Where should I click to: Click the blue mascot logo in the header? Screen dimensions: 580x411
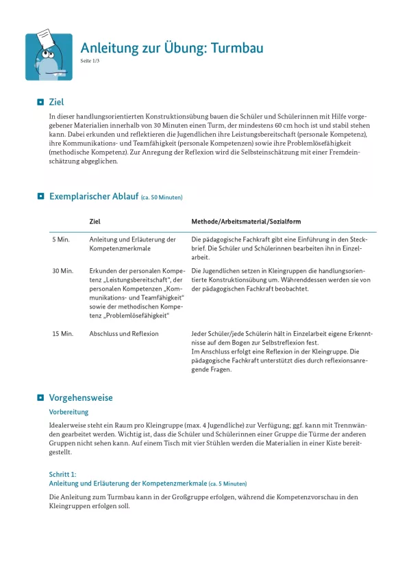49,57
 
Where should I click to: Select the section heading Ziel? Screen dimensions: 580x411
57,102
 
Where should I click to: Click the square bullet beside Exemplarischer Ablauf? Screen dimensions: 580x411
40,197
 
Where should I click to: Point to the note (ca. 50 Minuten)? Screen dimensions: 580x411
161,198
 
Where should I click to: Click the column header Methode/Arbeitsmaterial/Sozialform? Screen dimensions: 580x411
246,222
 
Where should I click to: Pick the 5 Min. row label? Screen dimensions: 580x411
61,239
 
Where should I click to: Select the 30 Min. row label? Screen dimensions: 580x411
62,271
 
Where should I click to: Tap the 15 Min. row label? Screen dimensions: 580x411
62,334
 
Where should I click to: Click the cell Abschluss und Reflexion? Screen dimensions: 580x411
124,334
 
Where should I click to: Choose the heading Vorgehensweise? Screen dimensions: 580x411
81,397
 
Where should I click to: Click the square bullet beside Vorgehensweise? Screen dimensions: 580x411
40,397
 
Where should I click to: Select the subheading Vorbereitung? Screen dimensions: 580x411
68,412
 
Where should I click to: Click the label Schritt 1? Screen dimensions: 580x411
63,473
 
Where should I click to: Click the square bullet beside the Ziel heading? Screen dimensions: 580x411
40,102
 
